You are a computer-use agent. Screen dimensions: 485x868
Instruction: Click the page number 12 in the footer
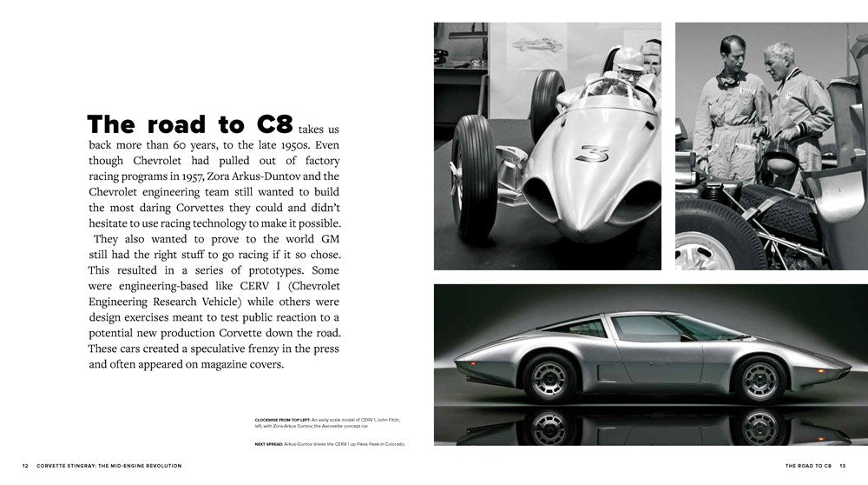coord(26,466)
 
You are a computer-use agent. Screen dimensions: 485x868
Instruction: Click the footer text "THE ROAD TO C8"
coord(809,466)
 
